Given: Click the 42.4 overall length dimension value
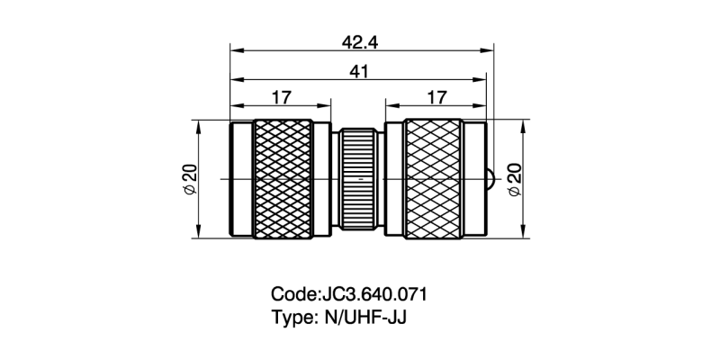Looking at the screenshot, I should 359,40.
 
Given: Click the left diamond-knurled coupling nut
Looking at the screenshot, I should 285,179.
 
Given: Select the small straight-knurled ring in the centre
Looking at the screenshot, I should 359,179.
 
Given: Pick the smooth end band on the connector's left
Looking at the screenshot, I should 242,179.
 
